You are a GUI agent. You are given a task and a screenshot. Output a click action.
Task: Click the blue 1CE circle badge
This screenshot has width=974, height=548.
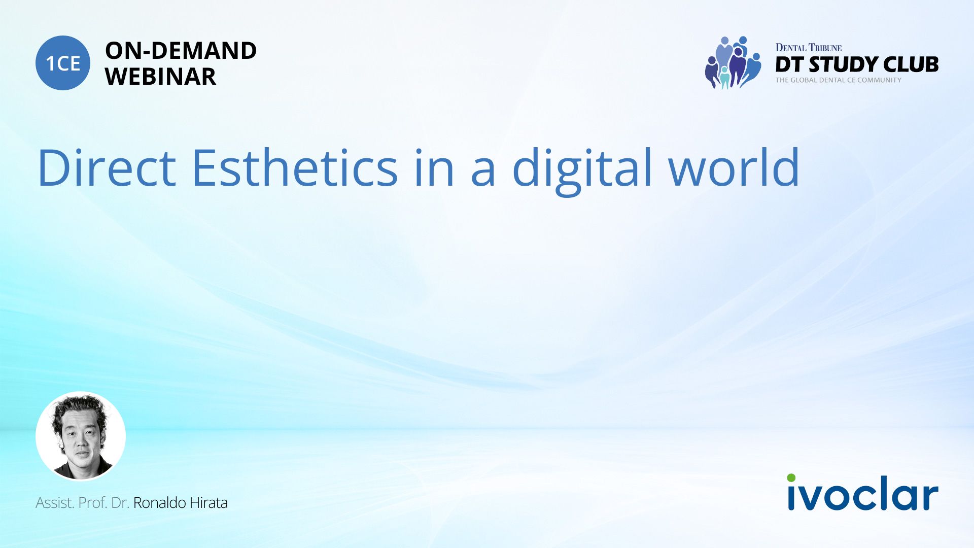63,63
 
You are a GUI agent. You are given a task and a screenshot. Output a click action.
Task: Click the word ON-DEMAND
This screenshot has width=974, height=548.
181,51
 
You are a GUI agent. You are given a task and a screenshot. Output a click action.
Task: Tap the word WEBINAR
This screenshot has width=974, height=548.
160,77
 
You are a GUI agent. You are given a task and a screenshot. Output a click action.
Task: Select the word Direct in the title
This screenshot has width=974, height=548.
107,167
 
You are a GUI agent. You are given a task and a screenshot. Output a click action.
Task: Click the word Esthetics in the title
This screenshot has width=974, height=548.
295,167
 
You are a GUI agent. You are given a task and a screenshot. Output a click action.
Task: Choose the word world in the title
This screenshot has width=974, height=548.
734,167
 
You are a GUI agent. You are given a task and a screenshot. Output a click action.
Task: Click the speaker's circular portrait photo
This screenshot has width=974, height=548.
81,436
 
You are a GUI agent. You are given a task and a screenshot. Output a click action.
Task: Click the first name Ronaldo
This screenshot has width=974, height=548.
159,502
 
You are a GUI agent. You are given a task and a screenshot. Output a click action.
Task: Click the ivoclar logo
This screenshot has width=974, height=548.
862,492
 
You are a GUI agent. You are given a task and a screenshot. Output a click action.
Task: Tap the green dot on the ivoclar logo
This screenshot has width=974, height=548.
791,477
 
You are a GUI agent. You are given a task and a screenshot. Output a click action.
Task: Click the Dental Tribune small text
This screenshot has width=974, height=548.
809,48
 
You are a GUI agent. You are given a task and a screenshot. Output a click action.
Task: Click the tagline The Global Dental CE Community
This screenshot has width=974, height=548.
839,80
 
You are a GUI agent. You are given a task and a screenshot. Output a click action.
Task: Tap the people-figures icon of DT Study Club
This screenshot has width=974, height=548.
733,62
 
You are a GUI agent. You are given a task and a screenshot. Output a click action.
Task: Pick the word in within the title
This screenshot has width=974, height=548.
434,167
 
